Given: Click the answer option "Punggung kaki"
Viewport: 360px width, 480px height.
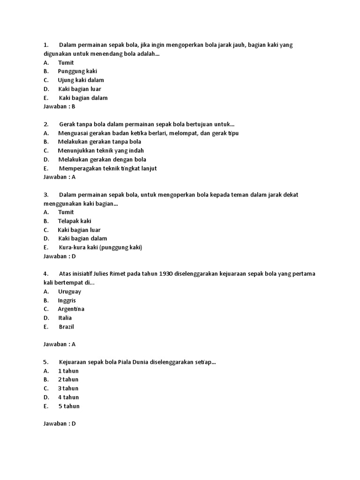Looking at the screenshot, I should point(77,71).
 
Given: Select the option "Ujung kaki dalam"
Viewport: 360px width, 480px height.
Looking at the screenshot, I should point(81,80).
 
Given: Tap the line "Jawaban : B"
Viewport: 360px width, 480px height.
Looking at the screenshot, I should point(60,106).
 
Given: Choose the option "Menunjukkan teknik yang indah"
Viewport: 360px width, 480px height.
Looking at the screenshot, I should point(101,150).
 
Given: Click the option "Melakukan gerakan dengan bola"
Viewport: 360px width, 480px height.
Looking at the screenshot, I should point(102,159).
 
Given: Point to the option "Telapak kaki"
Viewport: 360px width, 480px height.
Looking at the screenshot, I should point(75,221).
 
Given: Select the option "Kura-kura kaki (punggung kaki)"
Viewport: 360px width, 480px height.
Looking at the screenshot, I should point(100,247).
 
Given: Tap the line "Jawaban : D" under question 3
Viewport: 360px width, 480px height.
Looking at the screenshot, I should point(60,256).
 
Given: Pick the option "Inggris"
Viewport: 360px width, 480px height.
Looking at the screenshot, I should point(67,300).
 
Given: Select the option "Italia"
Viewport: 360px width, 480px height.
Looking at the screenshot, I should point(65,318).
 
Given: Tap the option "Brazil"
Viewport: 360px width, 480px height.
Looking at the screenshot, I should point(67,327).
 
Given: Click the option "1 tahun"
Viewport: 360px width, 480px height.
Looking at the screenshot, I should point(68,371).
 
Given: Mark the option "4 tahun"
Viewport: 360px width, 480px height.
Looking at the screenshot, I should point(68,397).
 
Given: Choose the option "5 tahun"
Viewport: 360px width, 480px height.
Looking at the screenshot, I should point(69,406).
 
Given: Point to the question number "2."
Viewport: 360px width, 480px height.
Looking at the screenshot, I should point(46,124).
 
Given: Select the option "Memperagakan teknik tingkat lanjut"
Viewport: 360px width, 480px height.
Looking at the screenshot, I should point(108,168).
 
